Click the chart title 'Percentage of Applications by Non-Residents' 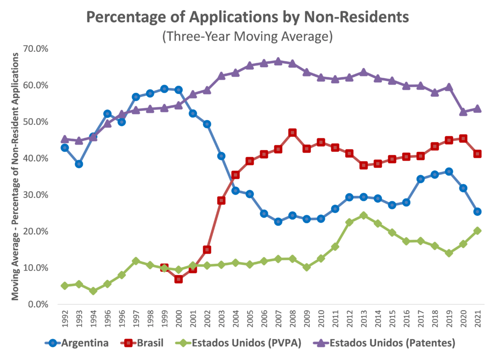[247, 17]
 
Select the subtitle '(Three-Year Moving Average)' [247, 36]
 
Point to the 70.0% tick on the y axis [36, 49]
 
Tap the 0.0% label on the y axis [38, 304]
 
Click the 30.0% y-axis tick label [36, 195]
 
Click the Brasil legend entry [142, 343]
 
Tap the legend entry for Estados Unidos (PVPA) [238, 343]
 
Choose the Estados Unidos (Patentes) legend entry [384, 343]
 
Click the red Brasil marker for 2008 [292, 133]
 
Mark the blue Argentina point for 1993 [79, 164]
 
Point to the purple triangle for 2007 [278, 61]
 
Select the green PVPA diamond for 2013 [364, 215]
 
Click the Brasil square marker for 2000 [179, 279]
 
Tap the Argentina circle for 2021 [478, 212]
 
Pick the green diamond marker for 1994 [93, 291]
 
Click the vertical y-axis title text [15, 176]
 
